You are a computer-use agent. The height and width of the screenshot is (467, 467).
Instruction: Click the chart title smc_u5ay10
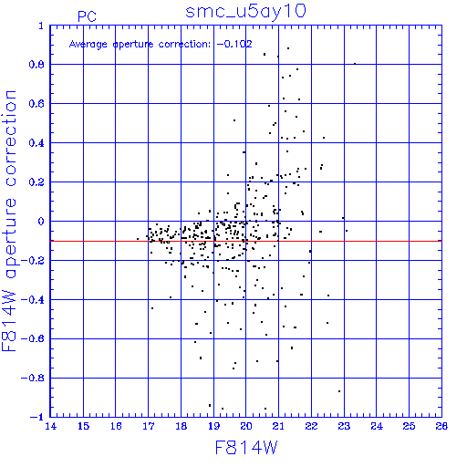245,12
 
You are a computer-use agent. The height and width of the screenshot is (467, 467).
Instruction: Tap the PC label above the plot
87,16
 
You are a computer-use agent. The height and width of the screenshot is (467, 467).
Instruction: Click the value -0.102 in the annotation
234,44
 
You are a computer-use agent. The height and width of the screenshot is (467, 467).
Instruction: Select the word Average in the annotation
88,45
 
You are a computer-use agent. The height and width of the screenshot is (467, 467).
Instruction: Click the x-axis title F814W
246,448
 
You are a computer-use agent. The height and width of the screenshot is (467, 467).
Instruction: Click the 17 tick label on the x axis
148,426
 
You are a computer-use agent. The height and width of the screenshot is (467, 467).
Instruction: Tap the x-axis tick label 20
246,426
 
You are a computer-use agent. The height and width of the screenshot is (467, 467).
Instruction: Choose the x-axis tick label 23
344,426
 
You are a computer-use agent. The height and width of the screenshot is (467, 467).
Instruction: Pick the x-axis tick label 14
50,426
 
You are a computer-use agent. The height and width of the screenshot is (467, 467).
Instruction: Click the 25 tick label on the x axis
409,426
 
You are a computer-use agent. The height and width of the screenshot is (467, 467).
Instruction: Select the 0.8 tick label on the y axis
36,65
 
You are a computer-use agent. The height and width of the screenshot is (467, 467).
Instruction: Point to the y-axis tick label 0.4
36,143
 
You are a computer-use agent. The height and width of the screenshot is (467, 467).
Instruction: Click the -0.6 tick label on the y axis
33,338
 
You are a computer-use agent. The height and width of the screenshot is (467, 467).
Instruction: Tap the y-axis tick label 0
41,222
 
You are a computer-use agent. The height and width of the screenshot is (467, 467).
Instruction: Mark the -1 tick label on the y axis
37,417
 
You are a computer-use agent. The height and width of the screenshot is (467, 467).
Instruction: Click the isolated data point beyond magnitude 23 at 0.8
355,64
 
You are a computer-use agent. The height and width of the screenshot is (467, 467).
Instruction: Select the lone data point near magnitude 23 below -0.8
339,391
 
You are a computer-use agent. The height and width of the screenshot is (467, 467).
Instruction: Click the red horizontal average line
245,241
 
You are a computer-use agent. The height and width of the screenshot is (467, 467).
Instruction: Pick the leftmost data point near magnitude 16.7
138,239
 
